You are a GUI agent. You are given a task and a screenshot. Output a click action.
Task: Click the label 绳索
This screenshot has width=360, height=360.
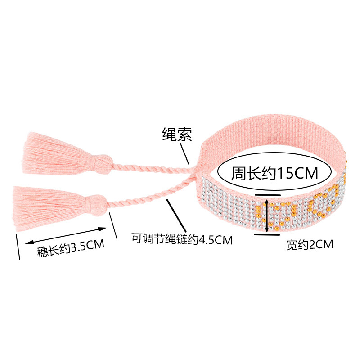177,134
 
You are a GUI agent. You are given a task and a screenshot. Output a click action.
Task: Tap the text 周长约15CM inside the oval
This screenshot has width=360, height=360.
274,173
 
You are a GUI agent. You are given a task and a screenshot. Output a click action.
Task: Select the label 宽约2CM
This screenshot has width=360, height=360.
310,244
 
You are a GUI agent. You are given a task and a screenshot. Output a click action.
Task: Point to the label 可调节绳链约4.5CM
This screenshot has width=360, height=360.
182,239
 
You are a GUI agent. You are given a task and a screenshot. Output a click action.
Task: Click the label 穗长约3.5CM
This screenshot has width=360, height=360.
71,248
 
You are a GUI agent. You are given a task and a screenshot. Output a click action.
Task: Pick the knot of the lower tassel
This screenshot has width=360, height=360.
96,205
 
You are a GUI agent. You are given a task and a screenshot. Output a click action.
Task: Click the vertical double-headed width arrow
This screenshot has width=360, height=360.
266,216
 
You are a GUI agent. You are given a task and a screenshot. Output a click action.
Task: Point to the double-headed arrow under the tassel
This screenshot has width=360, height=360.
66,236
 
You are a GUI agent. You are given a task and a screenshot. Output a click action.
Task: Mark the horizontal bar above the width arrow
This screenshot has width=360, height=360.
267,195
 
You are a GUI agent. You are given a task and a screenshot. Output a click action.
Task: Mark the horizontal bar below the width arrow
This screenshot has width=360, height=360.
267,234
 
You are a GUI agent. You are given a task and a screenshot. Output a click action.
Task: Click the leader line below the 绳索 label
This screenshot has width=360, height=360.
184,153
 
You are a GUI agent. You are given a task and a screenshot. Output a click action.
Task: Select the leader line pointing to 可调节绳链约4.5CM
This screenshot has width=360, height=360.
176,216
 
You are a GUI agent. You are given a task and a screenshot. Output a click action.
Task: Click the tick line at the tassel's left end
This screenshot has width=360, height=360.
18,247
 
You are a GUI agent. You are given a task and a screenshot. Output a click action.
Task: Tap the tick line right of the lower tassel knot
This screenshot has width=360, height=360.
113,226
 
